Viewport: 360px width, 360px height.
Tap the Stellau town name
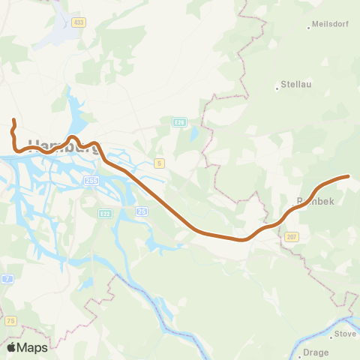[x=295, y=85]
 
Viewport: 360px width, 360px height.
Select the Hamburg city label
[x=64, y=146]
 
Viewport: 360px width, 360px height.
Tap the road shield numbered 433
[x=79, y=22]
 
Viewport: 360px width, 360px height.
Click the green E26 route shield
[x=179, y=121]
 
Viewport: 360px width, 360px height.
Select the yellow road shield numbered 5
[x=159, y=163]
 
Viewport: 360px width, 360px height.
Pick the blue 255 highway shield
[x=91, y=181]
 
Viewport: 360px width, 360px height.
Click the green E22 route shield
[x=106, y=213]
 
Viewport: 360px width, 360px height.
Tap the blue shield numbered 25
[x=141, y=211]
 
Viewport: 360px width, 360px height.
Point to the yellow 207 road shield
[x=292, y=236]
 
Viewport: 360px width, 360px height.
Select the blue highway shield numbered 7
[x=7, y=279]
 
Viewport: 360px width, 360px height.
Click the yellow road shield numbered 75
[x=10, y=320]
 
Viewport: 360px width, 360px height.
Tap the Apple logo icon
[x=11, y=347]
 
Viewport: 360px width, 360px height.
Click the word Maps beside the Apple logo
[x=32, y=347]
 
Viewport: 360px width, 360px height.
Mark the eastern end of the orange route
[x=348, y=176]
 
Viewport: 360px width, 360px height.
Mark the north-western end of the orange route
[x=13, y=120]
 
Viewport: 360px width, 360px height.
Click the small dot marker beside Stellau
[x=277, y=85]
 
